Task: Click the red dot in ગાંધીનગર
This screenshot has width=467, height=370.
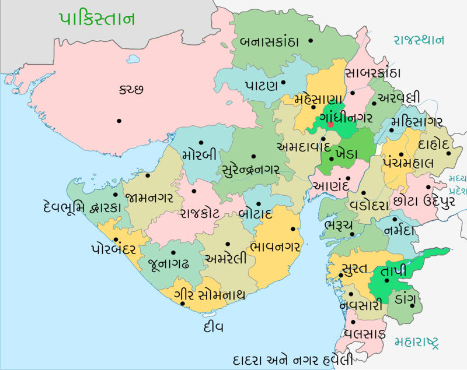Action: click(x=330, y=124)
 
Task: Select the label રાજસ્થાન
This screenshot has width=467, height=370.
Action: click(x=419, y=40)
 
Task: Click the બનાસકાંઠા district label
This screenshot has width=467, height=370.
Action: click(x=269, y=42)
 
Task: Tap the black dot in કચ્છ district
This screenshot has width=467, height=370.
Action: click(x=119, y=121)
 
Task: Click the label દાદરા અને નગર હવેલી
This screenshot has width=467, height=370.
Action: click(x=292, y=358)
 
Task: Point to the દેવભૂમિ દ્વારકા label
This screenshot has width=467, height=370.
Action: click(x=82, y=207)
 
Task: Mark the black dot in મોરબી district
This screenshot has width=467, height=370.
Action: click(x=200, y=142)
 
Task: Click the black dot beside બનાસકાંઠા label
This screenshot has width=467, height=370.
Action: click(x=311, y=40)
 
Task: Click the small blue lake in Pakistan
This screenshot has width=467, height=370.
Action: click(x=134, y=59)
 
